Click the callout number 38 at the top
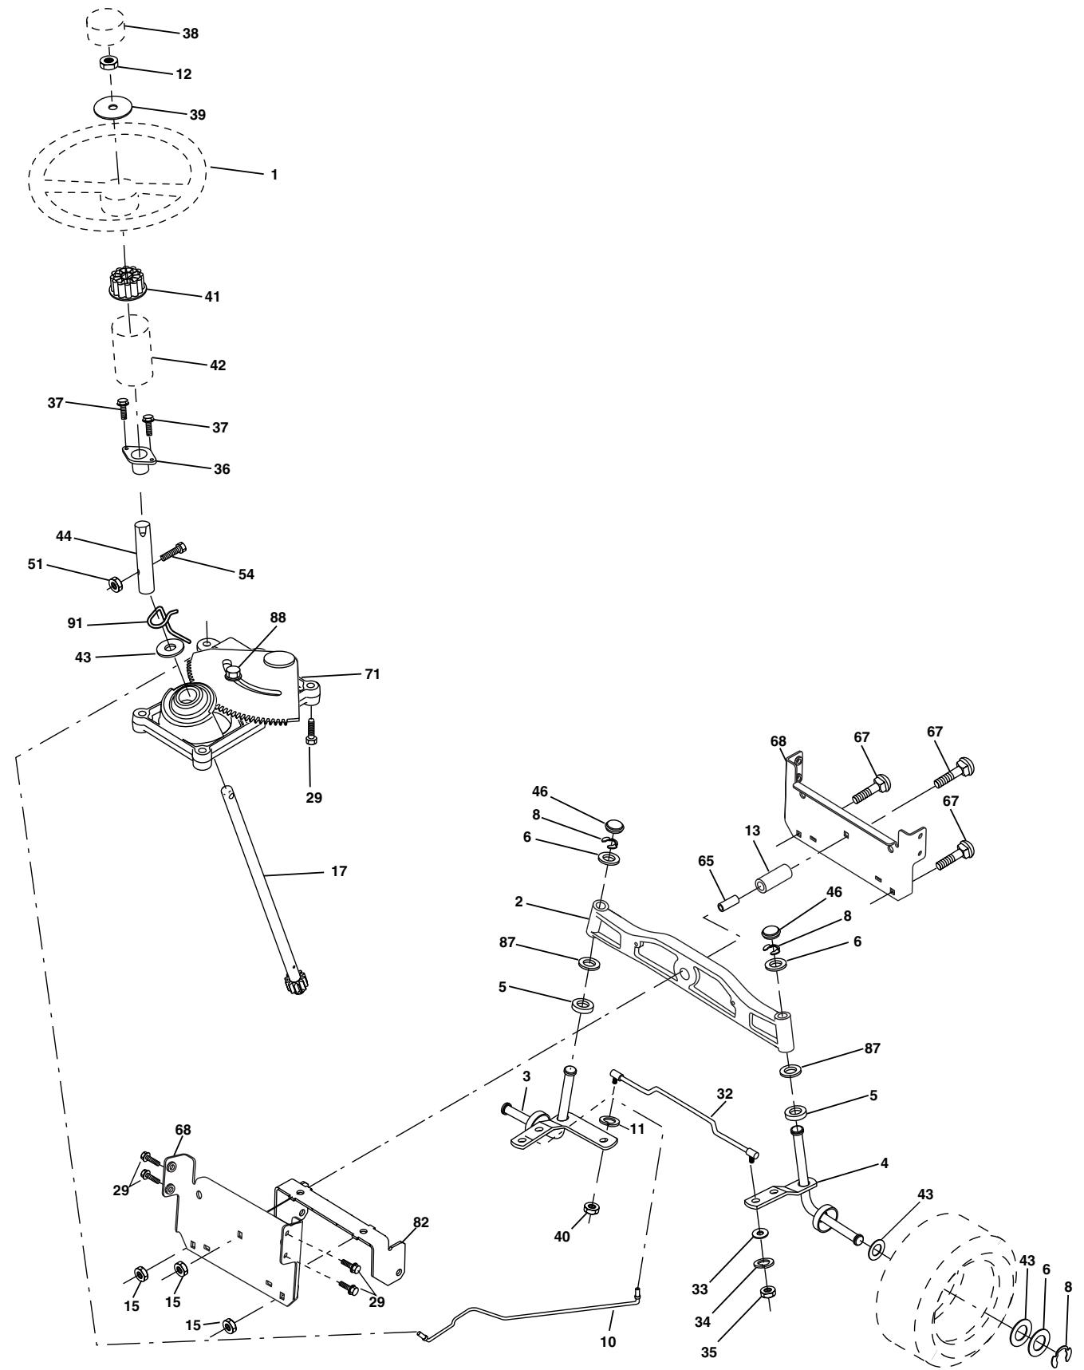tap(190, 34)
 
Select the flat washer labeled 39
tap(112, 107)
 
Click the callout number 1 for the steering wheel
tap(274, 173)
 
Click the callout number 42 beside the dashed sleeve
tap(217, 365)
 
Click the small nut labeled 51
tap(114, 584)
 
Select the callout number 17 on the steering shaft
tap(339, 871)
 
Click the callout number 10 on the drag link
tap(608, 1342)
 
